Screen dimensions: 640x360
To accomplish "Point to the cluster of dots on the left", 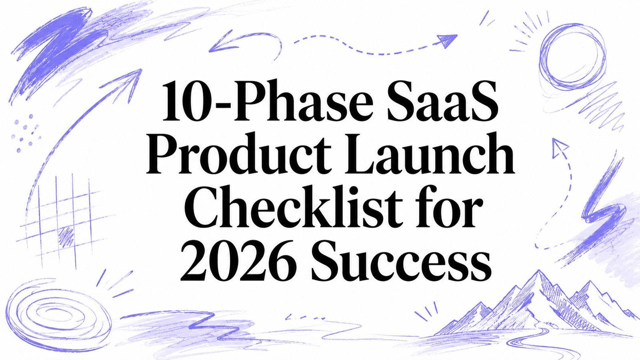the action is pos(25,133).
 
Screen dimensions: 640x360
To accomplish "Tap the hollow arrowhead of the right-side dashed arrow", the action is pos(558,147).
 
